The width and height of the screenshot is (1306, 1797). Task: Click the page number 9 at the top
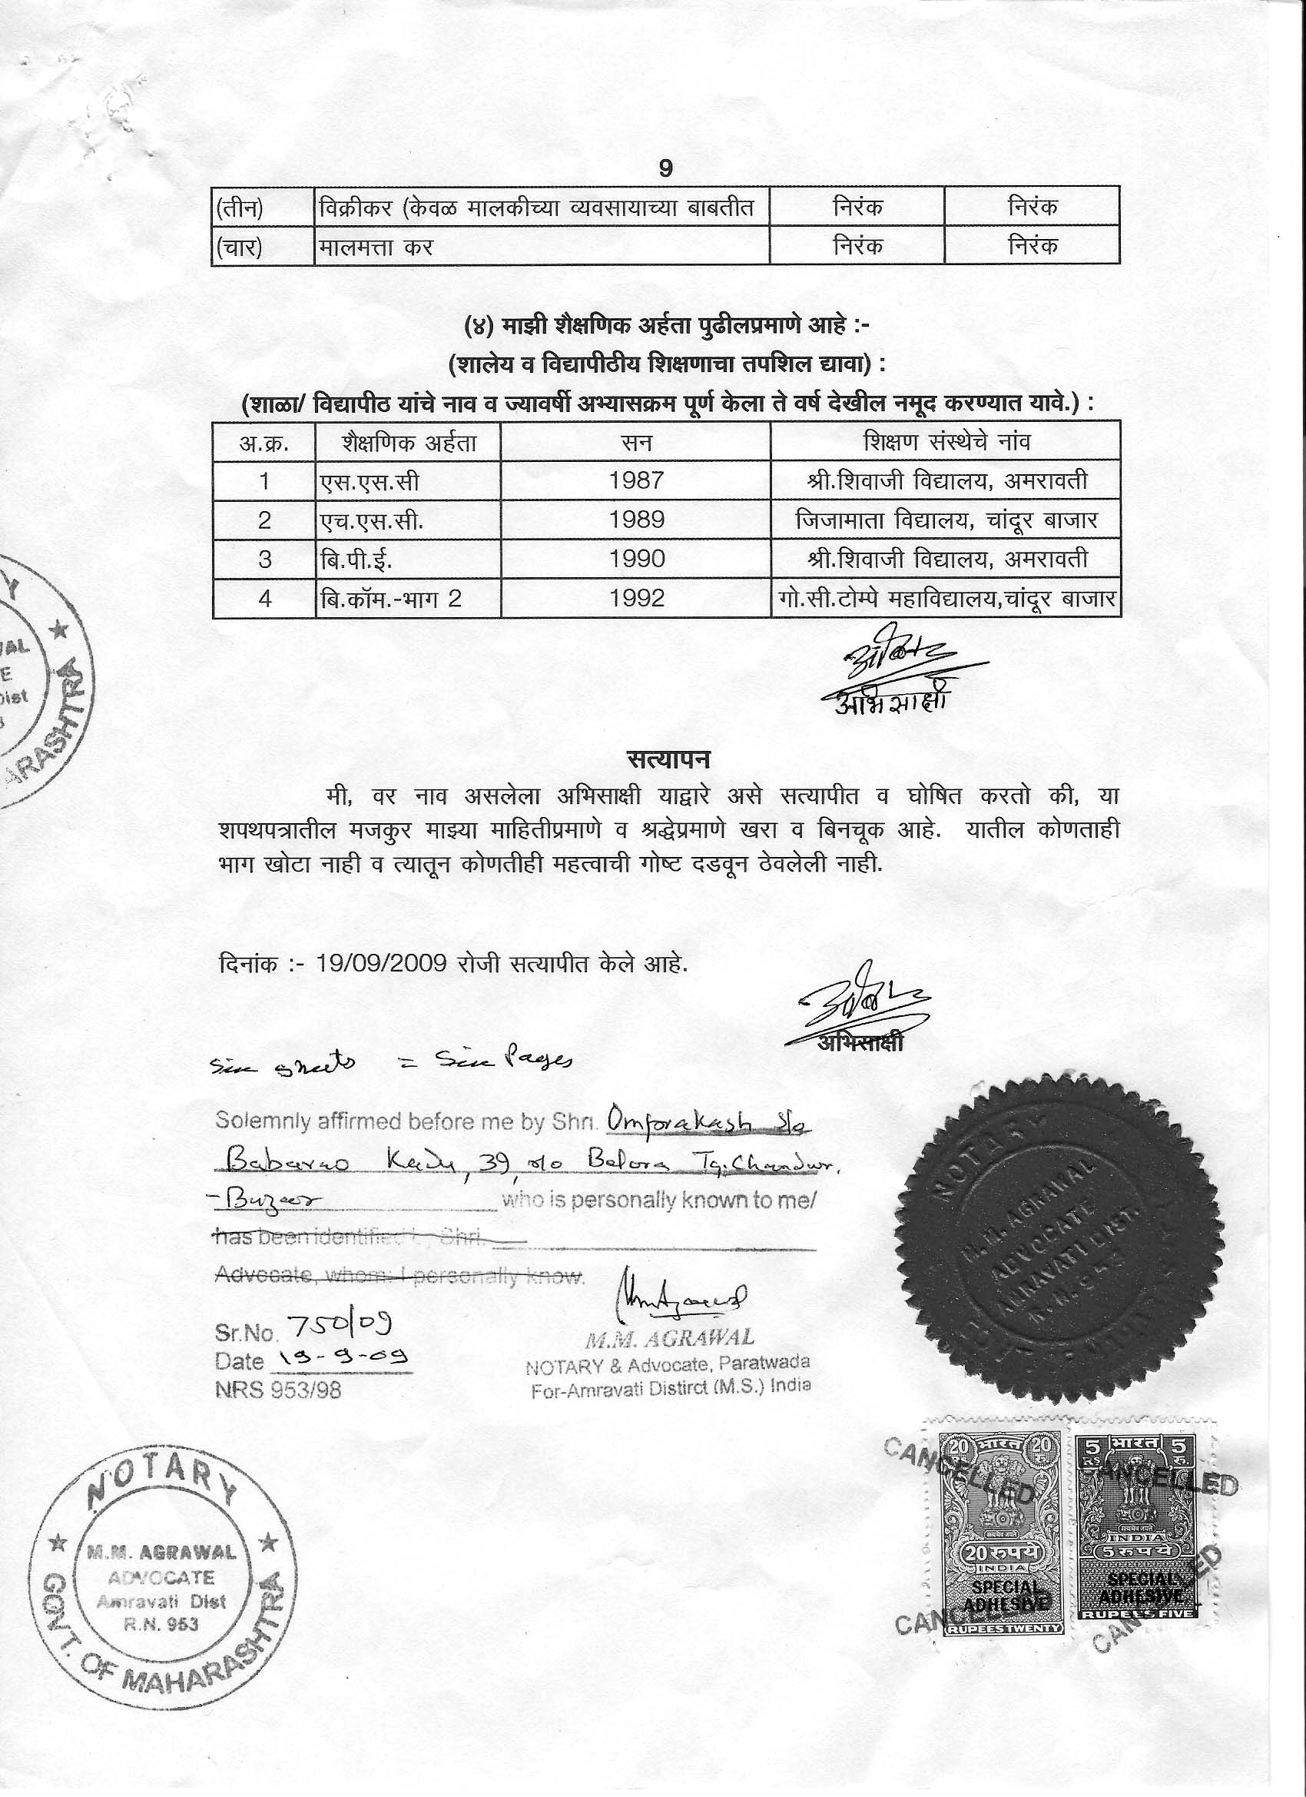coord(665,169)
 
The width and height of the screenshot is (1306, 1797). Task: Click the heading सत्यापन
coord(667,760)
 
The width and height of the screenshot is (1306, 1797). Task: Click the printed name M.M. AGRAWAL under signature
coord(669,1340)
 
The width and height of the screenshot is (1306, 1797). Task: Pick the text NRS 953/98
coord(278,1390)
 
